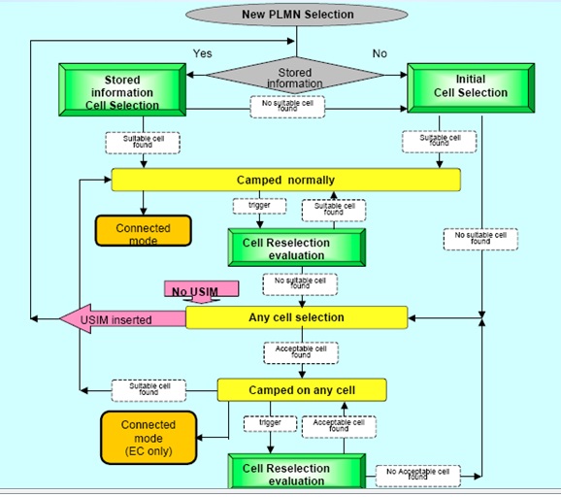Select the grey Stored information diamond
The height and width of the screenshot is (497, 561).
296,77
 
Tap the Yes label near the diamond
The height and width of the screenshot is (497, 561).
202,52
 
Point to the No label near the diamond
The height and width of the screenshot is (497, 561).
379,52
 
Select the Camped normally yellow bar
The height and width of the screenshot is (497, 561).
285,181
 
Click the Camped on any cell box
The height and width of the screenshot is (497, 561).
301,390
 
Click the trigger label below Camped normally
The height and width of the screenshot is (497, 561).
259,206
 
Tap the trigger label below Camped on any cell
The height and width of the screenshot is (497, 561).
263,423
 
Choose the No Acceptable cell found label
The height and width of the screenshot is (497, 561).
417,475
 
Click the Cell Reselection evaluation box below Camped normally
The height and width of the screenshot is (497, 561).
298,248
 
